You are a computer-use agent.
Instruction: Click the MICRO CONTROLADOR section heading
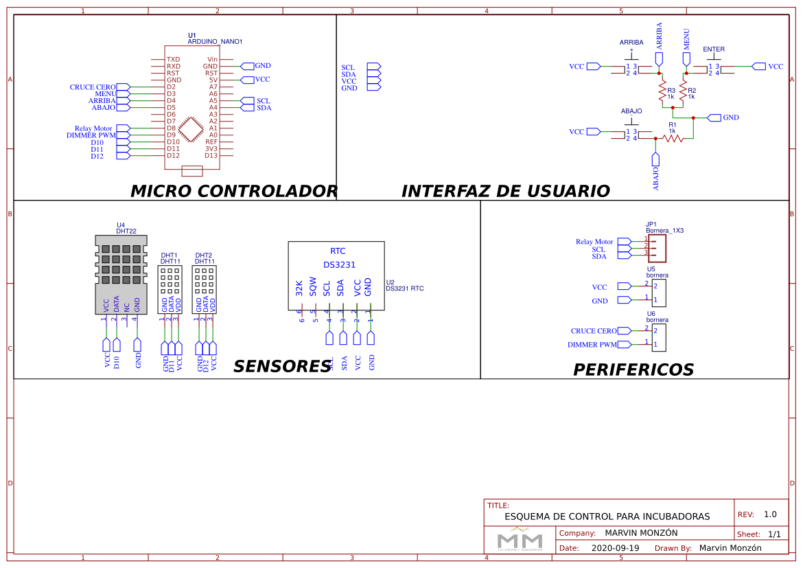tap(233, 191)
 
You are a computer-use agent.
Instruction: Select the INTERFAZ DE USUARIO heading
tap(505, 191)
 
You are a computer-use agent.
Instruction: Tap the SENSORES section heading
tap(282, 367)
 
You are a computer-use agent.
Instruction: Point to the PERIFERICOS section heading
tap(633, 370)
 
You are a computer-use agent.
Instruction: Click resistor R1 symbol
tap(673, 138)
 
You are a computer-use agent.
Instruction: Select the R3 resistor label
tap(671, 91)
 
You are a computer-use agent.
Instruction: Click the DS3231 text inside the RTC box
tap(339, 264)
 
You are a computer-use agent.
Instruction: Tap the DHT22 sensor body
tap(121, 274)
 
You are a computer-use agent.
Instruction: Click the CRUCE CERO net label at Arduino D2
tap(92, 87)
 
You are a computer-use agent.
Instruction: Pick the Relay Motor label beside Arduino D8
tap(93, 128)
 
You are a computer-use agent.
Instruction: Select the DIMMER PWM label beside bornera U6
tap(592, 344)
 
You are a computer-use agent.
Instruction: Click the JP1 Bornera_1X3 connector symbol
tap(657, 247)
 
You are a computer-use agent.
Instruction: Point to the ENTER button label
tap(714, 49)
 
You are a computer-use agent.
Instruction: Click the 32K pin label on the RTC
tap(299, 288)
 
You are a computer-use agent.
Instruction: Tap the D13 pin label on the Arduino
tap(211, 155)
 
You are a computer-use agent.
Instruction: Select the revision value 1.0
tap(770, 514)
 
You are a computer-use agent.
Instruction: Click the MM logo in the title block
tap(520, 539)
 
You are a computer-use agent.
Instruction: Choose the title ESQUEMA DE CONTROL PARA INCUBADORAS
tap(607, 516)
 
